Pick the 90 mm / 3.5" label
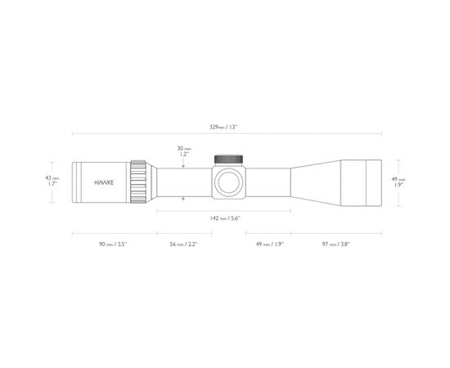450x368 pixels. tap(110, 244)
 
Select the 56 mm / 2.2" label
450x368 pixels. tap(183, 244)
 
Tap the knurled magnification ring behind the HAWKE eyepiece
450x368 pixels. tap(139, 181)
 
